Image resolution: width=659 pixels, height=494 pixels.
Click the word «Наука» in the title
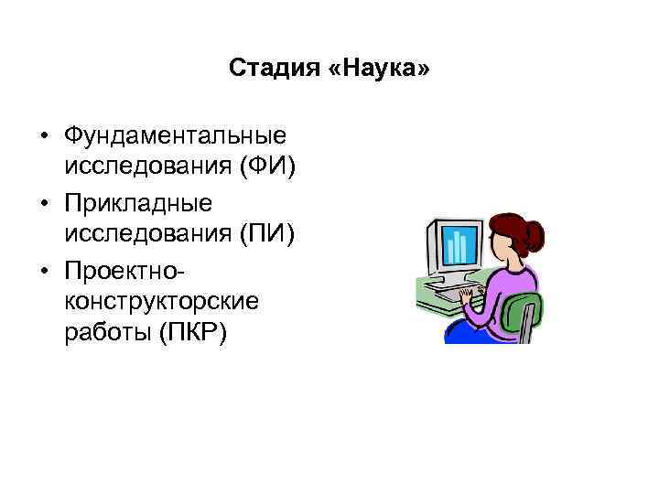click(377, 68)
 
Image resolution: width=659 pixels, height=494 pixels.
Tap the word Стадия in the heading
click(273, 68)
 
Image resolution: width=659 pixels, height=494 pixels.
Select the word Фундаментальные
click(175, 135)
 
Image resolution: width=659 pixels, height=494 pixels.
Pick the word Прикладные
click(138, 201)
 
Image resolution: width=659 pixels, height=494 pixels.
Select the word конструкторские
click(162, 300)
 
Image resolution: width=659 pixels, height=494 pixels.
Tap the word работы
click(106, 333)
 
